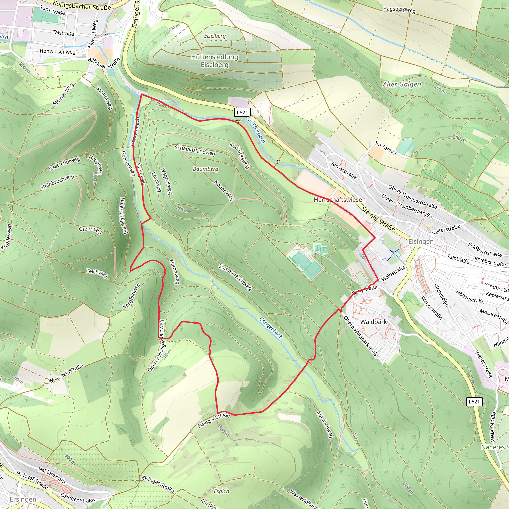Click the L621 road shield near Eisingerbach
(x=242, y=113)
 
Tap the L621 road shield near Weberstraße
(x=474, y=402)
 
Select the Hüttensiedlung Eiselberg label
(x=214, y=61)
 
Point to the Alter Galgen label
(x=402, y=84)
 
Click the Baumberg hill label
(x=206, y=169)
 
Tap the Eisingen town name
(x=421, y=241)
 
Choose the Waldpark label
(x=373, y=322)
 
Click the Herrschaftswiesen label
(x=339, y=200)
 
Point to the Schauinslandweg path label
(x=195, y=150)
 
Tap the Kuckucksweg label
(x=239, y=155)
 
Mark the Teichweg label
(x=97, y=273)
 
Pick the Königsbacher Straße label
(x=82, y=5)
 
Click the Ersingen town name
(x=23, y=499)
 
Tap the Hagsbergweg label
(x=399, y=10)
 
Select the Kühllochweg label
(x=325, y=424)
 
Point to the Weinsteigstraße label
(x=66, y=373)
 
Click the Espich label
(x=221, y=491)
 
